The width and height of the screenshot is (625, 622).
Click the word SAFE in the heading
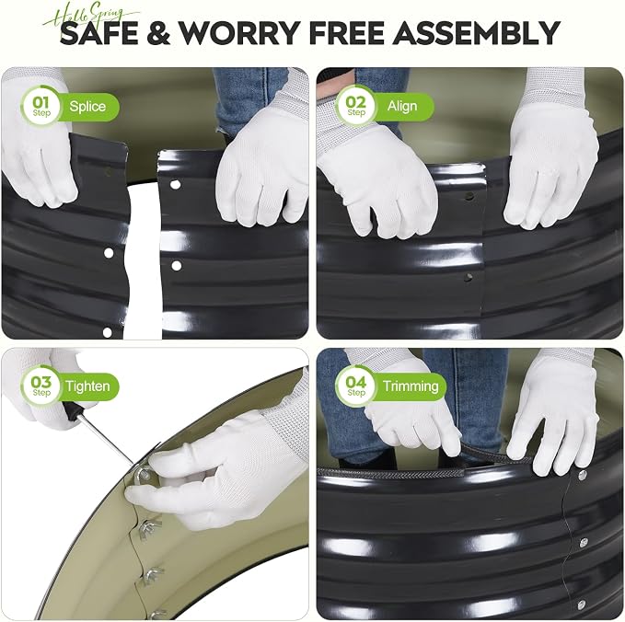(x=98, y=33)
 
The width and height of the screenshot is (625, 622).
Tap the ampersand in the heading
(x=158, y=33)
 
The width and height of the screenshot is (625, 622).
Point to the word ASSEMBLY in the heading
(x=476, y=33)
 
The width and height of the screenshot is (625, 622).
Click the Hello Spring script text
(x=91, y=15)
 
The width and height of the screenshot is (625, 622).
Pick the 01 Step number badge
(x=41, y=107)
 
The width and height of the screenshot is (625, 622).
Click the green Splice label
(x=87, y=107)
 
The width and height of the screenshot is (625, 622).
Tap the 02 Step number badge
(x=356, y=107)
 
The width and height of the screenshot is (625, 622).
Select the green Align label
(x=403, y=107)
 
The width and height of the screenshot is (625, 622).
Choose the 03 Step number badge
(x=41, y=386)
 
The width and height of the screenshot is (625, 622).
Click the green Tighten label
(x=87, y=386)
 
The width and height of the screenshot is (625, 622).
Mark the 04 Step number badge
(x=356, y=386)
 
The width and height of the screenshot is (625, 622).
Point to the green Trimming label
(x=411, y=386)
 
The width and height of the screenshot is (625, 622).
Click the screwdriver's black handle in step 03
(x=72, y=411)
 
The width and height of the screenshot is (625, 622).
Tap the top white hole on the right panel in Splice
(x=175, y=185)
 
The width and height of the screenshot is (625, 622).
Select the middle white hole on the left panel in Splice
(x=109, y=253)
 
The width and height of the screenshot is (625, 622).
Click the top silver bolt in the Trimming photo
(x=583, y=474)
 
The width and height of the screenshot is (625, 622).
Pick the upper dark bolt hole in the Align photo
(x=469, y=196)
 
